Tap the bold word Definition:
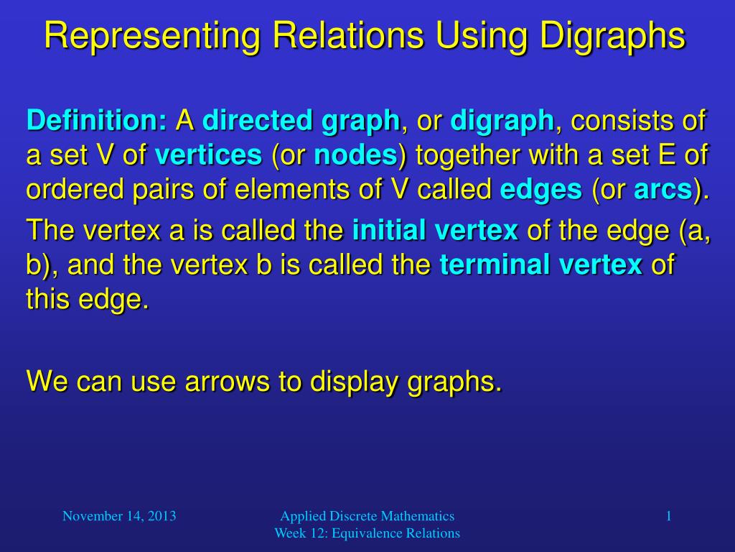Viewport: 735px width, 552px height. (x=96, y=120)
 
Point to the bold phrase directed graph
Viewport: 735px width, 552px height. (x=301, y=120)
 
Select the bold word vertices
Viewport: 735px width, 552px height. (x=208, y=155)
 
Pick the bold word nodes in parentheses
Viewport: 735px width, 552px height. (x=355, y=155)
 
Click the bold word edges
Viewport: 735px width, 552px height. (x=540, y=190)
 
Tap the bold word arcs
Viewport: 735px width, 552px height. (x=663, y=190)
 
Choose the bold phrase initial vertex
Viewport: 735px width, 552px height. (x=435, y=230)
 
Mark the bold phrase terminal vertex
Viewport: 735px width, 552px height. (x=540, y=265)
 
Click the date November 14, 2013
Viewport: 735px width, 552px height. (x=119, y=515)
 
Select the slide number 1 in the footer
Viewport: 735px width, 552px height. (x=668, y=515)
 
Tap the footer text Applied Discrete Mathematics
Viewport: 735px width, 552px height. (x=367, y=515)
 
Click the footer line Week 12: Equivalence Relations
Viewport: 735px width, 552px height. (x=367, y=533)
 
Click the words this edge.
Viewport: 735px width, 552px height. (x=87, y=299)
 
